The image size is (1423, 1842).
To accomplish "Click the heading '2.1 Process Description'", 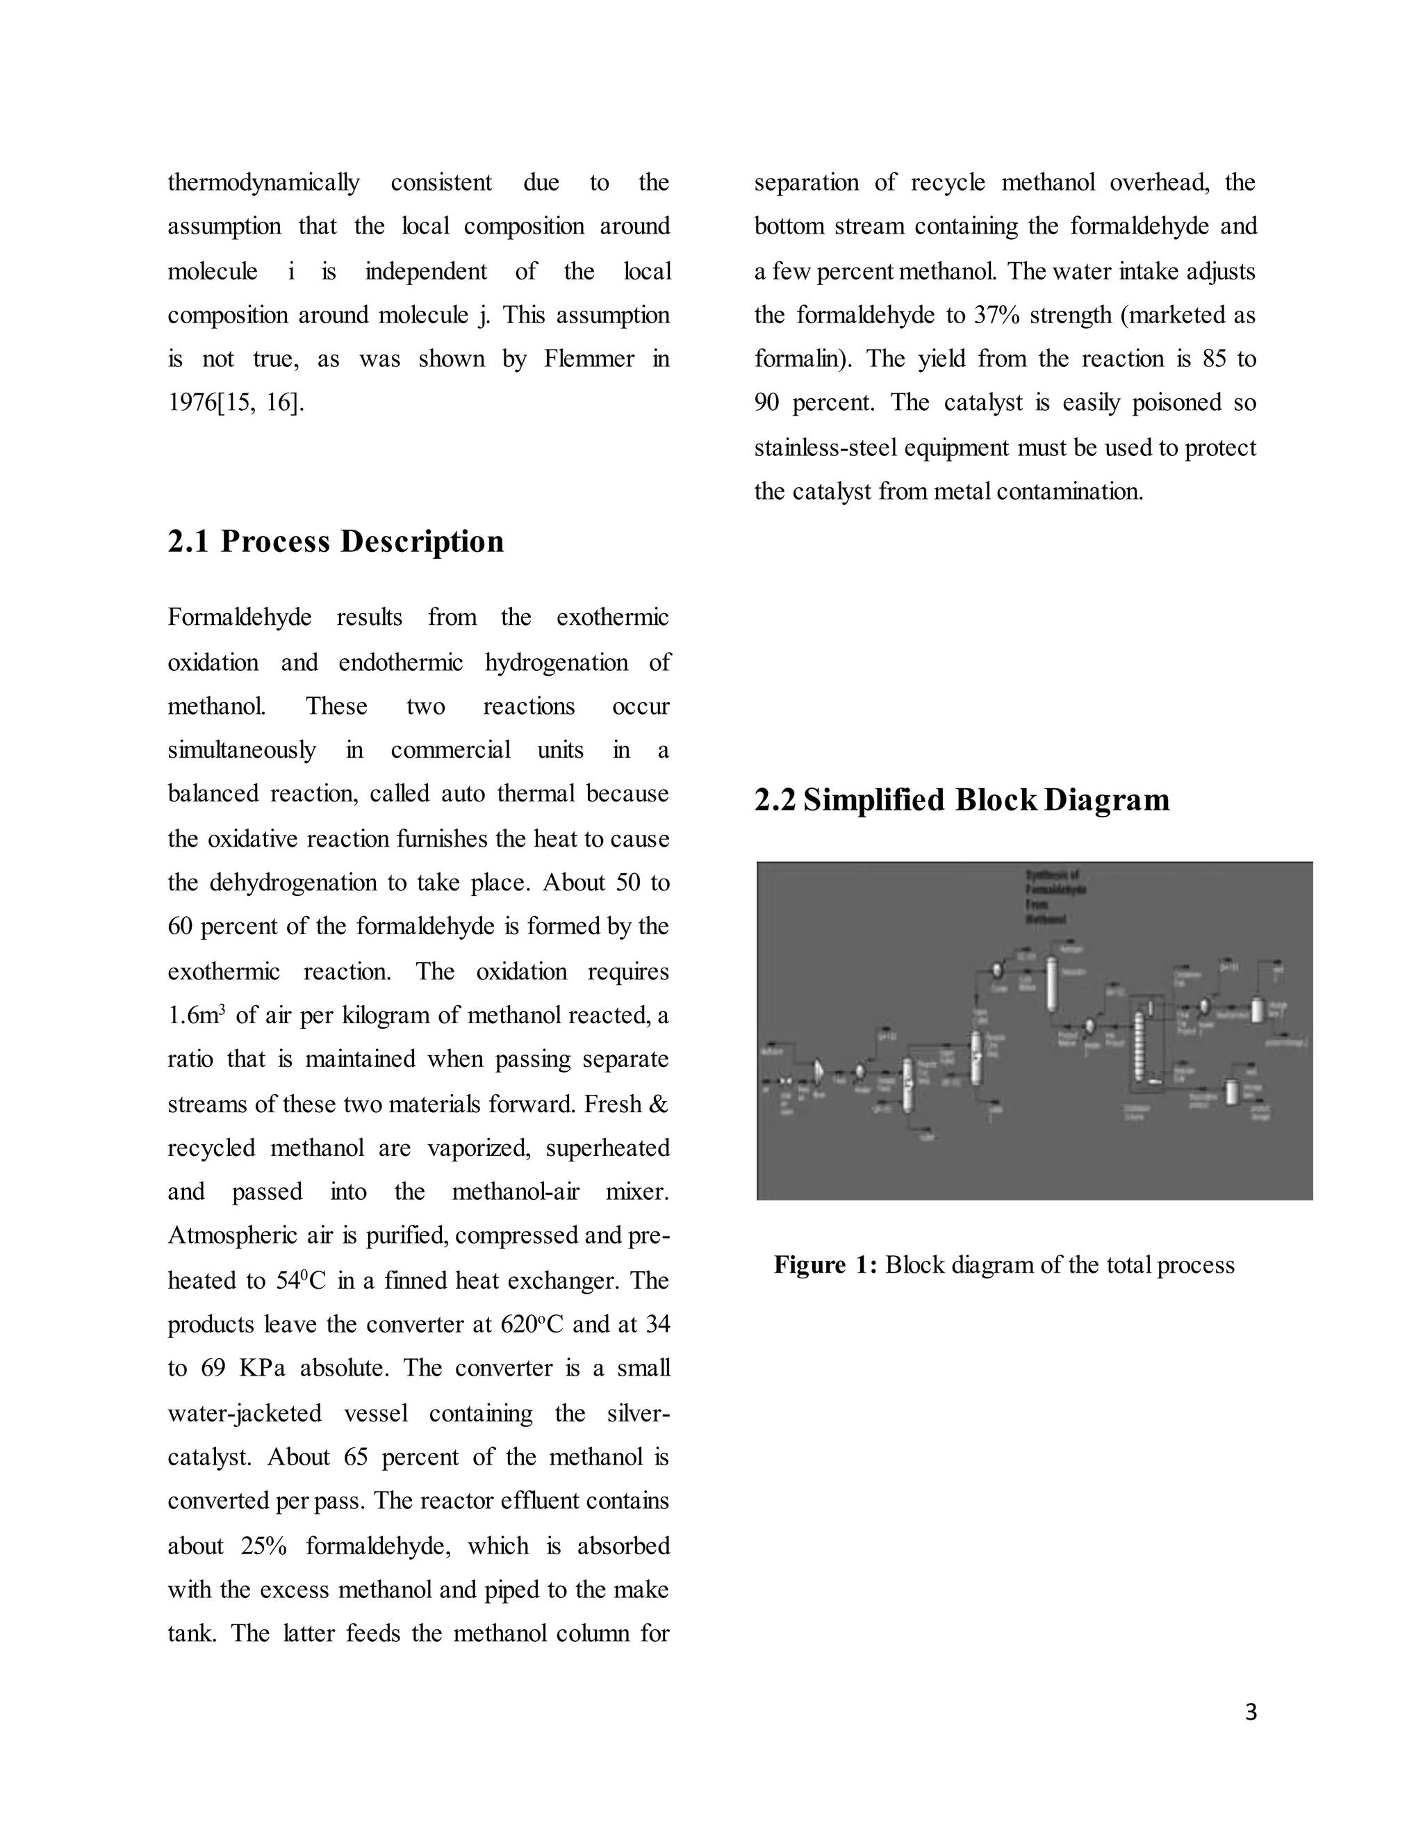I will click(336, 541).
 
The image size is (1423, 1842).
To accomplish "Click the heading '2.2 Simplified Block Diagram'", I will click(961, 799).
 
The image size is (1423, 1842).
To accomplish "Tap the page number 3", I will click(1250, 1712).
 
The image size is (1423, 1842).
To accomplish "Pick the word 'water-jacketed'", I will click(245, 1412).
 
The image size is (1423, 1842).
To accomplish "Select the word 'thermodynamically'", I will click(263, 183).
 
